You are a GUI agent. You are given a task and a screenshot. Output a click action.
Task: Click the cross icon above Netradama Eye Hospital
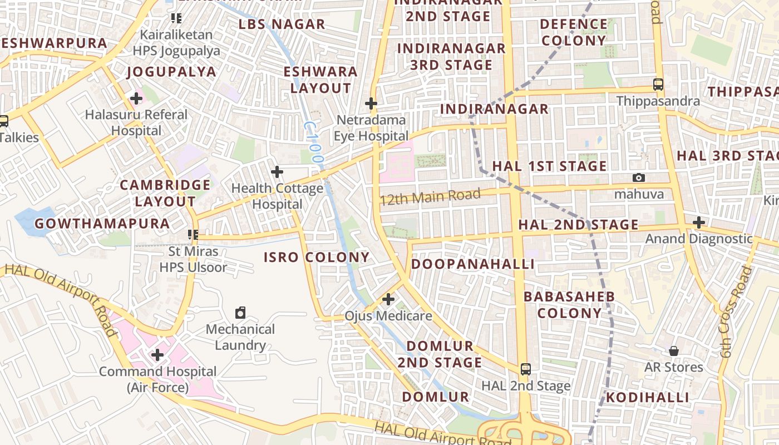[x=371, y=103]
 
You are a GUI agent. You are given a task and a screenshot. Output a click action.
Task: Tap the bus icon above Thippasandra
[x=658, y=85]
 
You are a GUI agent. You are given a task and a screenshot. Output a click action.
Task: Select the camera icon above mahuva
[x=639, y=177]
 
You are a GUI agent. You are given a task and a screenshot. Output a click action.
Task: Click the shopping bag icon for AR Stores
[x=673, y=351]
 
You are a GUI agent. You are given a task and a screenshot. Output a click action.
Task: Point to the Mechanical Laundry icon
[x=240, y=313]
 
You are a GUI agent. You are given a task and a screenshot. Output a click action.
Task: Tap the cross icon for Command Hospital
[x=157, y=354]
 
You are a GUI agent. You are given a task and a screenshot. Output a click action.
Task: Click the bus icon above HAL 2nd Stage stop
[x=525, y=369]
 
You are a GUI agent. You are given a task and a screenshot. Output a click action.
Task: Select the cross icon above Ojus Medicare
[x=388, y=300]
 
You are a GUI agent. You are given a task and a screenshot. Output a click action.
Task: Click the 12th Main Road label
[x=430, y=196]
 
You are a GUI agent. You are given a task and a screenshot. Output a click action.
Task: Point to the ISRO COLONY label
[x=317, y=257]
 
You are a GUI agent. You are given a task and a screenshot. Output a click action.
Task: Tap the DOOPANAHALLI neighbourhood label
[x=473, y=264]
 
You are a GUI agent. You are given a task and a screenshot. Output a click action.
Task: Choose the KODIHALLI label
[x=648, y=397]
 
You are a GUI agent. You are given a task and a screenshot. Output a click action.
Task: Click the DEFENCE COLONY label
[x=574, y=32]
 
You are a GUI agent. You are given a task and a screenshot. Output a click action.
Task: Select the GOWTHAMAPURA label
[x=102, y=224]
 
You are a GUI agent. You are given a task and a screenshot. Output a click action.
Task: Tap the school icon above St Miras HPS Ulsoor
[x=193, y=235]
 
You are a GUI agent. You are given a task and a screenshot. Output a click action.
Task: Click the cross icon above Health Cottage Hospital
[x=277, y=172]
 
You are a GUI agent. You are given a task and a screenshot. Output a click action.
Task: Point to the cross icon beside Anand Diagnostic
[x=699, y=222]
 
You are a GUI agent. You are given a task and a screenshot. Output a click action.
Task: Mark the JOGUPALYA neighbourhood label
[x=171, y=72]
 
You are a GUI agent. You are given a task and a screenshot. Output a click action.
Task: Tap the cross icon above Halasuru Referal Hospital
[x=136, y=99]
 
